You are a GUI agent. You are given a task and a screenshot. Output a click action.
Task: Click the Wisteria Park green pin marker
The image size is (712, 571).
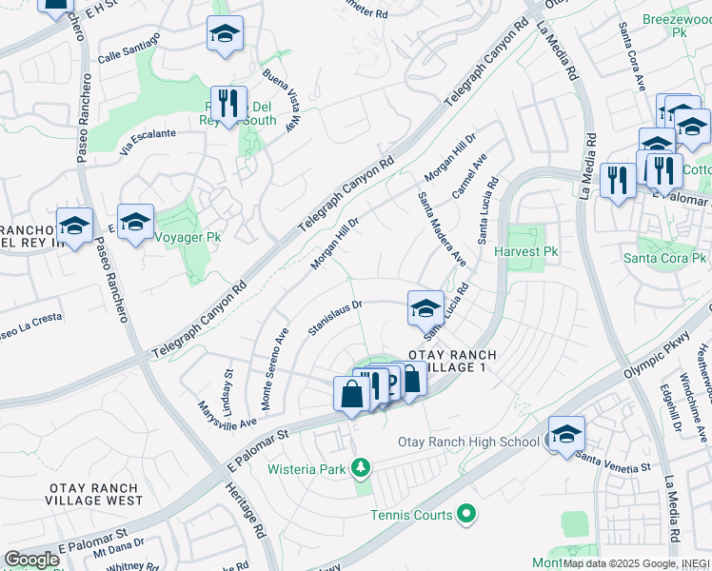(x=360, y=467)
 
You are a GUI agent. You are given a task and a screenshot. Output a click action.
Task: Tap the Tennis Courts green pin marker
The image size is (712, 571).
(x=465, y=515)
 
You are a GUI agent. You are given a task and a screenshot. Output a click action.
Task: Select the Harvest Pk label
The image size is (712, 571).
(x=524, y=252)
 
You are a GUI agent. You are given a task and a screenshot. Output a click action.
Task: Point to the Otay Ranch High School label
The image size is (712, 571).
(x=468, y=442)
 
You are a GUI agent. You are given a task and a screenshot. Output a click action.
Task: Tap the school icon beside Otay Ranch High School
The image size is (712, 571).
(x=566, y=434)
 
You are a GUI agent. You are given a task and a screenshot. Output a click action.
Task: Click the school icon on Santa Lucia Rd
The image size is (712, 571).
(x=425, y=308)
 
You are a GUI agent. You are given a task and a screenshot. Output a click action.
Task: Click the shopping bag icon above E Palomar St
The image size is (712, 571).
(x=351, y=394)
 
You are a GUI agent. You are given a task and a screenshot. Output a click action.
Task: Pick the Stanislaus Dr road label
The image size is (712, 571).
(x=336, y=319)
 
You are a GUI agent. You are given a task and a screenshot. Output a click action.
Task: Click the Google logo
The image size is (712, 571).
(x=31, y=559)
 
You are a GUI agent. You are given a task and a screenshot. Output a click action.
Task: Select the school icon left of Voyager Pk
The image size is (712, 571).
(x=74, y=226)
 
